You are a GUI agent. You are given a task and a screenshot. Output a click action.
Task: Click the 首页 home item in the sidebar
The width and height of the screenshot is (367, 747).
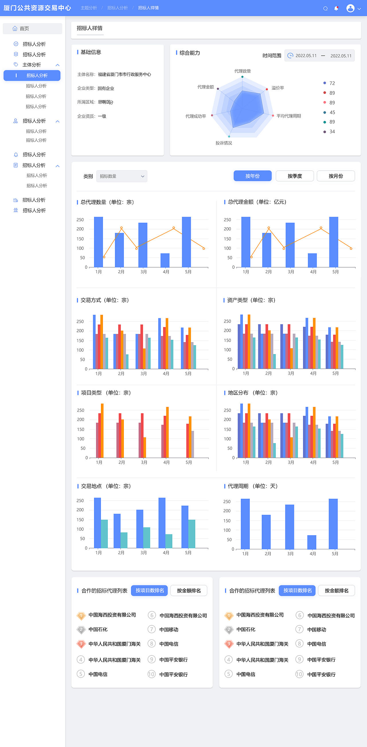tap(24, 28)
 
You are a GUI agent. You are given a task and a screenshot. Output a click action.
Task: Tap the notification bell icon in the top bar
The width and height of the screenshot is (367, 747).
tap(336, 8)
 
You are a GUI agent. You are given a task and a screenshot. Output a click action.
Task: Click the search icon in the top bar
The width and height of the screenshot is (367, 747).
tap(325, 8)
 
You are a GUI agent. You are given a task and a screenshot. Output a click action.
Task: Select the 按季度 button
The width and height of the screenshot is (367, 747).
tap(294, 176)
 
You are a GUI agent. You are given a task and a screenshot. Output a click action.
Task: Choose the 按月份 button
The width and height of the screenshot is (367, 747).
tap(335, 176)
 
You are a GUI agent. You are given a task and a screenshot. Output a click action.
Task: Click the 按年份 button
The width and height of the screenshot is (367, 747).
tap(252, 176)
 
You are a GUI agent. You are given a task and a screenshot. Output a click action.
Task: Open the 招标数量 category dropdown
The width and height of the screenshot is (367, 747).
tap(122, 176)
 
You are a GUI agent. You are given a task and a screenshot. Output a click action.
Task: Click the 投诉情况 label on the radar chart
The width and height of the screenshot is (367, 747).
tap(224, 143)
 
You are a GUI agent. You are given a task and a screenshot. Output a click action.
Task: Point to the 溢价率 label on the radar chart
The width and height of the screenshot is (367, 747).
tap(278, 88)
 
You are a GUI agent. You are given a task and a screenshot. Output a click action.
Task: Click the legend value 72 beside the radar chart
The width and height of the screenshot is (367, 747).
tap(332, 83)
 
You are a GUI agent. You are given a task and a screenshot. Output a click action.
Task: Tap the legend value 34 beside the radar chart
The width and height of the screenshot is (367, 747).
tap(332, 132)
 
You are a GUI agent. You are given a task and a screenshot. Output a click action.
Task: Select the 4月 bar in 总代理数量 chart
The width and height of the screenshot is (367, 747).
tap(165, 260)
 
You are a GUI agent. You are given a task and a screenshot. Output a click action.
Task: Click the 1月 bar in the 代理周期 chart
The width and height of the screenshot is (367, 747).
tap(245, 524)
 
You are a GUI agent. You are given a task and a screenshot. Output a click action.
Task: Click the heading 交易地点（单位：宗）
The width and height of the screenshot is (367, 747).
tap(106, 486)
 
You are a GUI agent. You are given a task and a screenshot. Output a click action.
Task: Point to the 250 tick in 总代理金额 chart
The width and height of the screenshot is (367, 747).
tap(227, 220)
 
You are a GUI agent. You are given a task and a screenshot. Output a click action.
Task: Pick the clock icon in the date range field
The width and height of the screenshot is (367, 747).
tap(290, 55)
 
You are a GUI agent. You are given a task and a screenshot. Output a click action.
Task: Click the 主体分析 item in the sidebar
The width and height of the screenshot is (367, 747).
tap(32, 65)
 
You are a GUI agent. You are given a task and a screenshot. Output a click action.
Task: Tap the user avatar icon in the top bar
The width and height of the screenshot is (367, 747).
tap(350, 8)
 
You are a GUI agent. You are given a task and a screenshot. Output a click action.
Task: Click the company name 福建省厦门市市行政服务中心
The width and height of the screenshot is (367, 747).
tap(124, 75)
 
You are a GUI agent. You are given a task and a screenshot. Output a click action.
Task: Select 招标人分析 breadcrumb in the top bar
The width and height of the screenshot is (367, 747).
tap(118, 8)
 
